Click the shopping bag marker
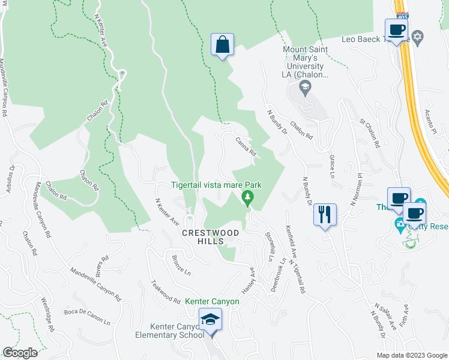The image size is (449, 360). click(222, 44)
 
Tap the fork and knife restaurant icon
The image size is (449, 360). click(325, 214)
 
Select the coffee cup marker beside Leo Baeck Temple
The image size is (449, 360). click(397, 29)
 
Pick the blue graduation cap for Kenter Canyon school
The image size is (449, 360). click(211, 320)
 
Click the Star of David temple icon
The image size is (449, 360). click(419, 39)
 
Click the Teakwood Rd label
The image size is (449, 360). click(166, 292)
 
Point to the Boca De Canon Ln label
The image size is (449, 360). click(87, 316)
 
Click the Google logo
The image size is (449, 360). click(20, 353)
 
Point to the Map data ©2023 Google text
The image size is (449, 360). click(412, 355)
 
